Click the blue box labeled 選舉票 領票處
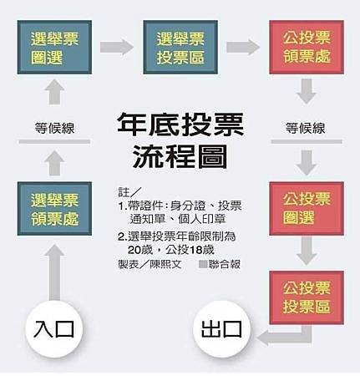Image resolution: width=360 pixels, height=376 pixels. click(54, 209)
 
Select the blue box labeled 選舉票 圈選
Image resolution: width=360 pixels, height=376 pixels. click(54, 47)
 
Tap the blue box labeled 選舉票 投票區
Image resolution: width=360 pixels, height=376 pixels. click(180, 47)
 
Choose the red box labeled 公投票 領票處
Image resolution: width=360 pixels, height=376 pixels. click(307, 47)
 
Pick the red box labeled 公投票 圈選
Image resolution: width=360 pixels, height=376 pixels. click(307, 209)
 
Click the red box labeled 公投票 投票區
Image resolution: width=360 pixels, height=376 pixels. click(307, 297)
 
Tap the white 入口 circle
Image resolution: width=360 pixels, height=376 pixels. click(54, 329)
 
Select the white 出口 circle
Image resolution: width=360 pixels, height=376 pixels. click(222, 329)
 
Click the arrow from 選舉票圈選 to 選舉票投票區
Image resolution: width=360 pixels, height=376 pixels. click(117, 47)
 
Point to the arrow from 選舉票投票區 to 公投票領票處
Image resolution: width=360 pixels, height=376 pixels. click(243, 47)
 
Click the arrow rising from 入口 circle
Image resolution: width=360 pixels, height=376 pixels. click(54, 272)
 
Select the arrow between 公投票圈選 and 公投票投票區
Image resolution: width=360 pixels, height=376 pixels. click(307, 251)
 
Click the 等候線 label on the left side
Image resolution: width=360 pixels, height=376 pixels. click(54, 129)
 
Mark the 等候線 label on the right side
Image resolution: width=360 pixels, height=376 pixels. click(306, 129)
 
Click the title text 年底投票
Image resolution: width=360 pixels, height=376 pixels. click(180, 124)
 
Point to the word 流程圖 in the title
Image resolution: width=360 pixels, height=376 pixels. click(180, 157)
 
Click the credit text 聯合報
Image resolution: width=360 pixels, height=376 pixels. click(225, 264)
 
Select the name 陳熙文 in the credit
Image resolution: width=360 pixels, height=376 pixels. click(166, 264)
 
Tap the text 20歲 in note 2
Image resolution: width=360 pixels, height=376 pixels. click(140, 250)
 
